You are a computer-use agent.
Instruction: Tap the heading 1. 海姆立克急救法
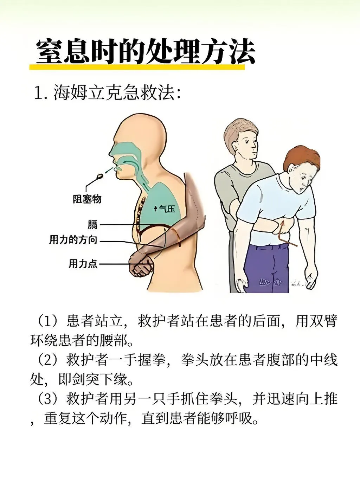coord(107,93)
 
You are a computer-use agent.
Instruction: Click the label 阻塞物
coord(87,199)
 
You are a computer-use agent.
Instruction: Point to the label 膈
coord(92,224)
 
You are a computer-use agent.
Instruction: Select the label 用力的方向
coord(73,240)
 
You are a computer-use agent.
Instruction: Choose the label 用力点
coord(83,263)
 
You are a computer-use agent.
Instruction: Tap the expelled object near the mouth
coord(101,175)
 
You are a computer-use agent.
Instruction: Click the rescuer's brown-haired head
coord(241,137)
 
